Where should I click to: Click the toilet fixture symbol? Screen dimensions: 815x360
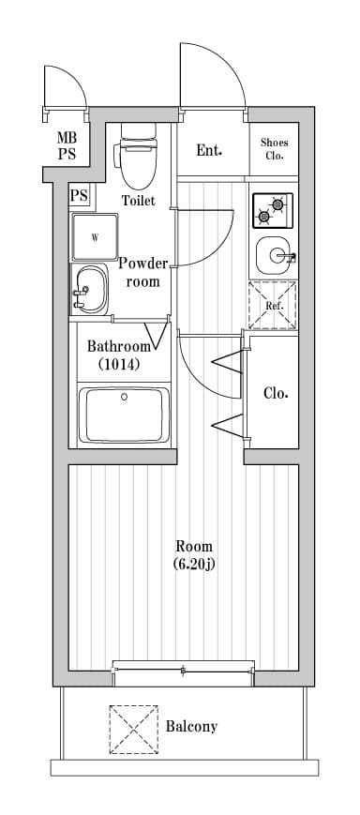click(138, 156)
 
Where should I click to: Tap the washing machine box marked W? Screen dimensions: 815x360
click(95, 237)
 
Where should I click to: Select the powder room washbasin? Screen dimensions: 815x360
click(89, 288)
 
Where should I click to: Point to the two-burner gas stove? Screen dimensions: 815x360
click(272, 210)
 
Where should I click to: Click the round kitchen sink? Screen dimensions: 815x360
click(273, 254)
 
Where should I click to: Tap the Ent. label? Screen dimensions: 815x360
click(209, 150)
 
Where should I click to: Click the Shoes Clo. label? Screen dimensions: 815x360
click(274, 149)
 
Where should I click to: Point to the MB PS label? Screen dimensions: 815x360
click(67, 145)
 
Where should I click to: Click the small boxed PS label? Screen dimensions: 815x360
click(79, 196)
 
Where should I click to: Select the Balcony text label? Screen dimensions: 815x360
click(191, 726)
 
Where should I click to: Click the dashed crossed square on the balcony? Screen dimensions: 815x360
click(134, 728)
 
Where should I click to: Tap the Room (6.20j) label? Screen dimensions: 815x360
click(194, 555)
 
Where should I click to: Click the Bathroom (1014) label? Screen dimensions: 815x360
click(112, 355)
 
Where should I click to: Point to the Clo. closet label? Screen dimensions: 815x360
click(275, 393)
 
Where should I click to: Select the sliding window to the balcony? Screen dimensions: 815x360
click(183, 671)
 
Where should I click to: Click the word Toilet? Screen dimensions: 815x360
click(138, 200)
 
